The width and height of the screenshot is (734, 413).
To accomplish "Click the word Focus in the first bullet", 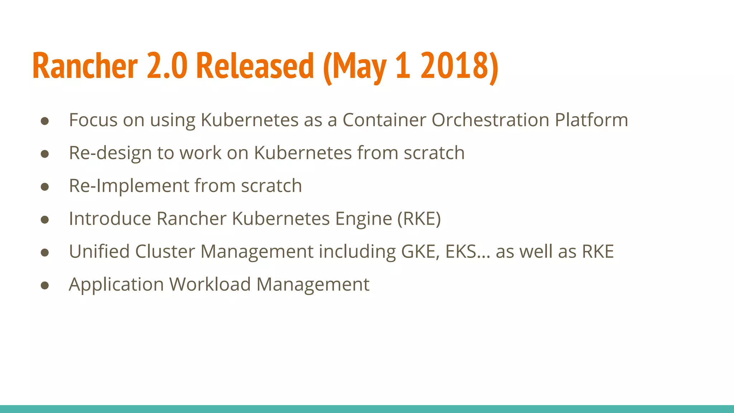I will (93, 120).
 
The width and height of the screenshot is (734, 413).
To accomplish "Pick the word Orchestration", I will (490, 120).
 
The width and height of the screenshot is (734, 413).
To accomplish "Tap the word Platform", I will (591, 120).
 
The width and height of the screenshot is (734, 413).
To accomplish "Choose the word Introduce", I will (110, 218).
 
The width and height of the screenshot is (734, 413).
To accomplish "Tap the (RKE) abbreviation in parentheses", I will (419, 219).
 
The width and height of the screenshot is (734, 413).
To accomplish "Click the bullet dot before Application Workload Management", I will (45, 285).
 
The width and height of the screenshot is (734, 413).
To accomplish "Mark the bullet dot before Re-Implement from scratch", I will (45, 187).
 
